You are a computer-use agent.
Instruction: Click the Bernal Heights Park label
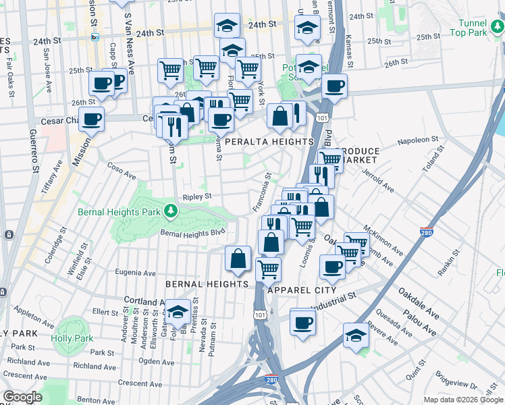(119, 212)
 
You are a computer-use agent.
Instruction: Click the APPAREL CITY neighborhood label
(302, 290)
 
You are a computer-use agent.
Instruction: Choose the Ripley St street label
(197, 196)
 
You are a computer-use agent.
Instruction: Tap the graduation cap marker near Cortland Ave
(178, 311)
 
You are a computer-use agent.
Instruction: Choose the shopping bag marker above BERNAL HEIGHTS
(238, 258)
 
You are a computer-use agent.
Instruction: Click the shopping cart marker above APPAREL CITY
(269, 269)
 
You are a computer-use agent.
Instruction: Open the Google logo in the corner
(22, 397)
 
